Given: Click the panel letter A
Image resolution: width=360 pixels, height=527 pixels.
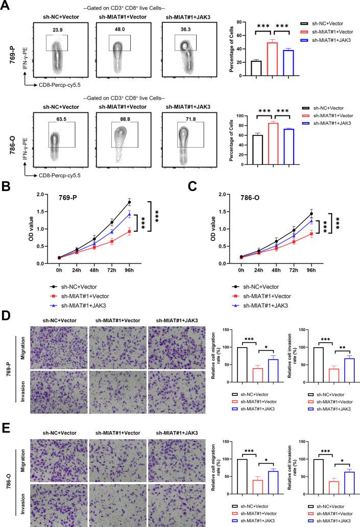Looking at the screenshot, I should (x=7, y=6).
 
